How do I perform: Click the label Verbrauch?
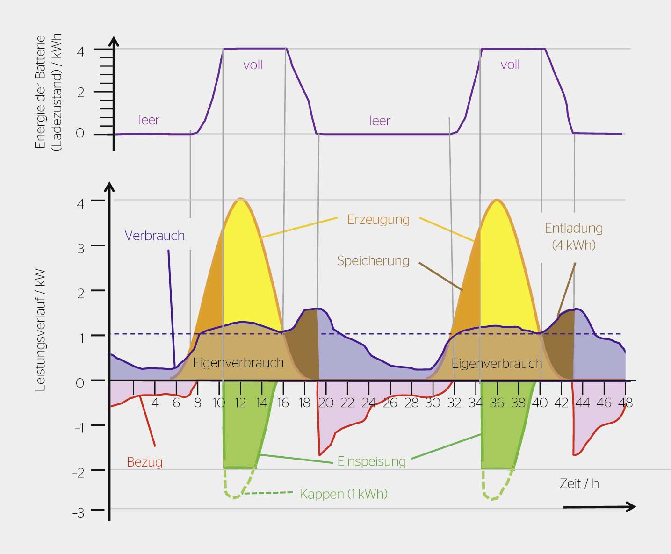(x=155, y=235)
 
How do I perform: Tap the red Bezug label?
(x=144, y=462)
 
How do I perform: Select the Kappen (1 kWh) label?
(x=343, y=494)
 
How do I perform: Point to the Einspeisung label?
(x=372, y=461)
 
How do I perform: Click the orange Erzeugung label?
(x=378, y=219)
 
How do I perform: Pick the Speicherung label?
(x=373, y=260)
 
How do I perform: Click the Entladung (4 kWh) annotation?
(x=574, y=237)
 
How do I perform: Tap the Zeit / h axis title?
(x=579, y=483)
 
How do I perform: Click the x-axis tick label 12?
(x=240, y=403)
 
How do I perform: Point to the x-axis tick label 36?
(x=497, y=403)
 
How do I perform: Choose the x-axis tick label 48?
(x=625, y=403)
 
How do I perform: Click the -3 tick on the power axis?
(x=78, y=512)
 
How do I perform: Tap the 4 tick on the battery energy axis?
(x=80, y=51)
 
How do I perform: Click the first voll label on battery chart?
(x=253, y=65)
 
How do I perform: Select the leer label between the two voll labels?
(x=379, y=121)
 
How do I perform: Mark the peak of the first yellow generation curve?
(x=240, y=199)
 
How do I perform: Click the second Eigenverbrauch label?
(x=496, y=363)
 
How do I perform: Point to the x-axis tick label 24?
(x=368, y=403)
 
